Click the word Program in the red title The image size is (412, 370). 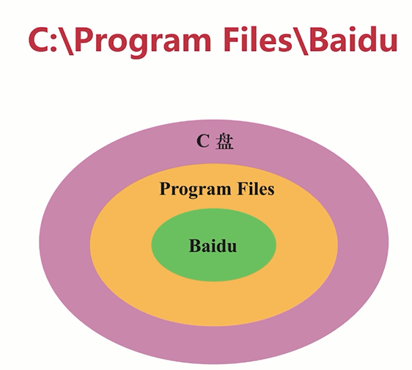point(143,42)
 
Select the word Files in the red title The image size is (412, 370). point(257,39)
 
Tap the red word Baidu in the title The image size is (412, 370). point(353,39)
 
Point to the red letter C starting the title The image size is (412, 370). point(39,40)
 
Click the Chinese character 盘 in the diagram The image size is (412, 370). point(224,142)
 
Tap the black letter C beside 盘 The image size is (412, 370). point(203,141)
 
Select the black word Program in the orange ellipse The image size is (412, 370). point(195,189)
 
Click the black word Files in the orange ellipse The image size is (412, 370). point(256,189)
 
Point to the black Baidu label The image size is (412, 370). point(213,245)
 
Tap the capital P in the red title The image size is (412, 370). point(85,40)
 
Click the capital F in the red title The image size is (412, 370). point(232,40)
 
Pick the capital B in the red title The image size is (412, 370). point(319,40)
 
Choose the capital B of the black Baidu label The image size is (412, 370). point(195,245)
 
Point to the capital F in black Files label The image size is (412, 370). point(242,189)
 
